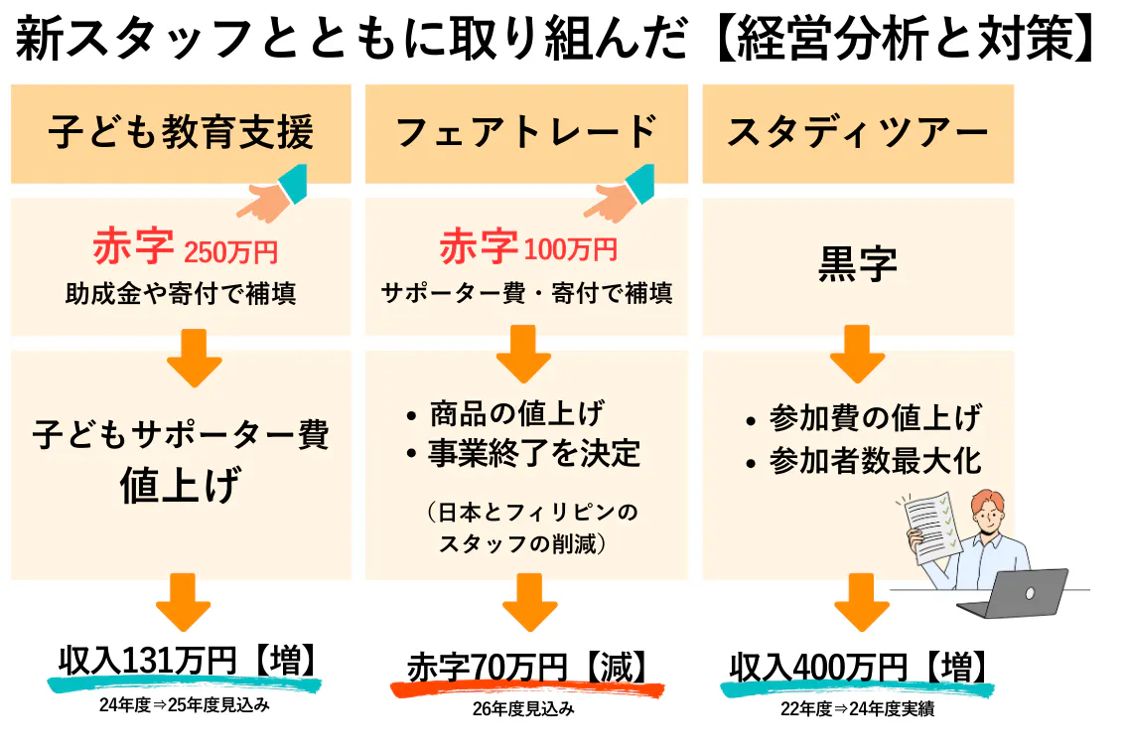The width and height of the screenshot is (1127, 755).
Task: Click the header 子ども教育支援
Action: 181,133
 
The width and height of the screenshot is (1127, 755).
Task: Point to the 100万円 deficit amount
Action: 570,249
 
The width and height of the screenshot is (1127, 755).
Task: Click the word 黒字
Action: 858,264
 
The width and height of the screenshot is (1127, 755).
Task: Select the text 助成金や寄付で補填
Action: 181,294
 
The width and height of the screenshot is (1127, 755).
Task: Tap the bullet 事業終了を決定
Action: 534,453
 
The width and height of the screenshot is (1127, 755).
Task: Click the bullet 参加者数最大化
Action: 875,461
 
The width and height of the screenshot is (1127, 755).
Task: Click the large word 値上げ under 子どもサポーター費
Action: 181,486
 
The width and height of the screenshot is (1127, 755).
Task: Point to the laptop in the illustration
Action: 1018,593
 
